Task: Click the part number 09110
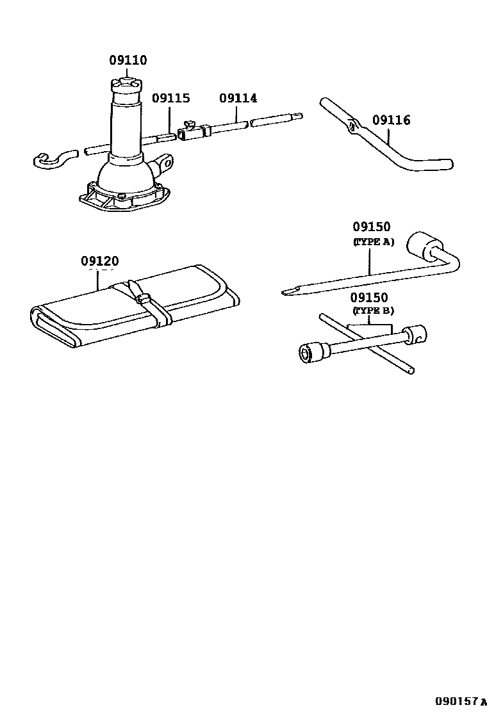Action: [x=128, y=61]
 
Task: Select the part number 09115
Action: [x=170, y=99]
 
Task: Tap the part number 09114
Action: [x=238, y=99]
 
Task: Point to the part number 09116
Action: [x=391, y=120]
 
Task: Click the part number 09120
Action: [x=100, y=261]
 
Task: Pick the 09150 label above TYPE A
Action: [x=371, y=227]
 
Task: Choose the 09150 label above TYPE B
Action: [x=369, y=298]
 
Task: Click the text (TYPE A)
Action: [x=373, y=241]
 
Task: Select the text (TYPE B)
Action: [x=373, y=311]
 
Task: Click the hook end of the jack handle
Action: [x=47, y=160]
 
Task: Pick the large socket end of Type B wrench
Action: [x=311, y=353]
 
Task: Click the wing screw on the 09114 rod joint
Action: [x=190, y=124]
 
